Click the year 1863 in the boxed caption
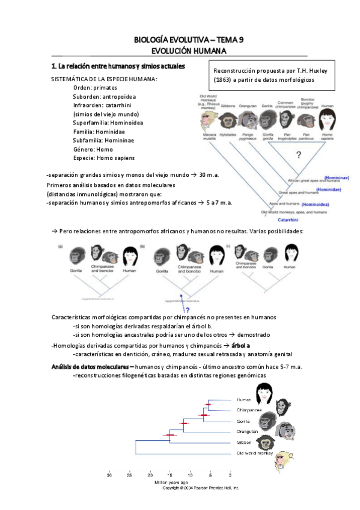pos(224,79)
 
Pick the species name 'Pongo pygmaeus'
pos(248,138)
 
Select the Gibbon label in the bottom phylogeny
pos(245,442)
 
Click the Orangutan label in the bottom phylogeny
pos(247,431)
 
